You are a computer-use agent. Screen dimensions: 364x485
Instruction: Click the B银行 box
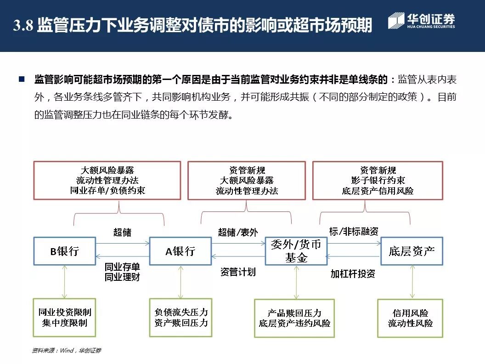tap(64, 251)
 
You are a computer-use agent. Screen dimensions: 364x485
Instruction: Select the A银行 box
tap(180, 251)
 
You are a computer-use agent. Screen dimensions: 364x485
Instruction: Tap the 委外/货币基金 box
tap(296, 251)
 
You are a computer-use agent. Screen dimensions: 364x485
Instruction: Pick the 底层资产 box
tap(412, 251)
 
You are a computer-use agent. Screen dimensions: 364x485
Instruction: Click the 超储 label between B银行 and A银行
tap(122, 233)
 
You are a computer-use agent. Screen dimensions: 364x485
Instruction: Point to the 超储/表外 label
tap(238, 233)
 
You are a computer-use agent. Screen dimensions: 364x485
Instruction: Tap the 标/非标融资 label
tap(354, 231)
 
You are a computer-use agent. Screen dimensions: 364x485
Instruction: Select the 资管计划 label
tap(238, 272)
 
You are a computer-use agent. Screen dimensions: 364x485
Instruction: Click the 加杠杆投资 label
tap(353, 274)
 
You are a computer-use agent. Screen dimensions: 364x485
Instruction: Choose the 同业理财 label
tap(122, 277)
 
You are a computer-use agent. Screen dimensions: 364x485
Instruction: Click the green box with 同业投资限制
tap(64, 318)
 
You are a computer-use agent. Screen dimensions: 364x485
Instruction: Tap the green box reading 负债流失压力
tap(180, 318)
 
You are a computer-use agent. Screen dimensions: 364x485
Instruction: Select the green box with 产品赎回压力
tap(294, 318)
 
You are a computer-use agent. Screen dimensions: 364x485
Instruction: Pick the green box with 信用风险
tap(410, 318)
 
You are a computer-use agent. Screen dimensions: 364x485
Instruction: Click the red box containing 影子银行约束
tap(378, 180)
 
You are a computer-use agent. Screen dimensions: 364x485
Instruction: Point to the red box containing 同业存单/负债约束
tap(107, 180)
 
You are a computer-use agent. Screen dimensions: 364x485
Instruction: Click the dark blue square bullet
tap(22, 80)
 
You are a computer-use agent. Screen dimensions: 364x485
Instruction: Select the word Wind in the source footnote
tap(66, 351)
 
